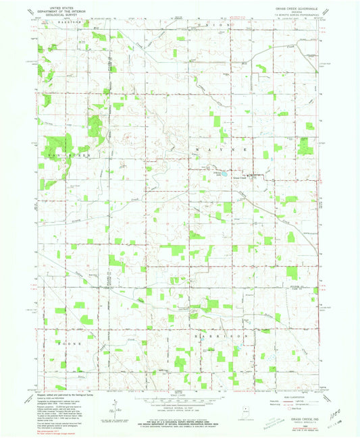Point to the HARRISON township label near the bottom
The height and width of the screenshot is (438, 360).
pyautogui.click(x=214, y=335)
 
